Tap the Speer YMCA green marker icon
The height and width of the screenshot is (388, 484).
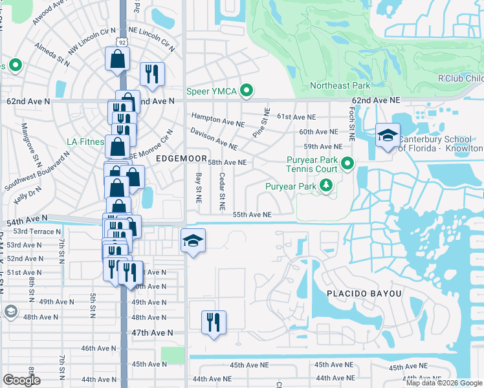tap(246, 91)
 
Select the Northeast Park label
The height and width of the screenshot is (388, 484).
tap(339, 85)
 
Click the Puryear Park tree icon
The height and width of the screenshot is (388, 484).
tap(326, 187)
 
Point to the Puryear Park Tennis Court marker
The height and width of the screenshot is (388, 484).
tap(347, 164)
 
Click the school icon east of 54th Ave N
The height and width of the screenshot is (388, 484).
tap(193, 241)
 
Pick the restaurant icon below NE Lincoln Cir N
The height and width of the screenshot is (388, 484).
tap(152, 74)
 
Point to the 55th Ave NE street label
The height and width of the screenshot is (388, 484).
tap(252, 215)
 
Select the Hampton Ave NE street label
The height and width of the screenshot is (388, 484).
tap(218, 120)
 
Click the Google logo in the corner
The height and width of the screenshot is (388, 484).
tap(21, 380)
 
